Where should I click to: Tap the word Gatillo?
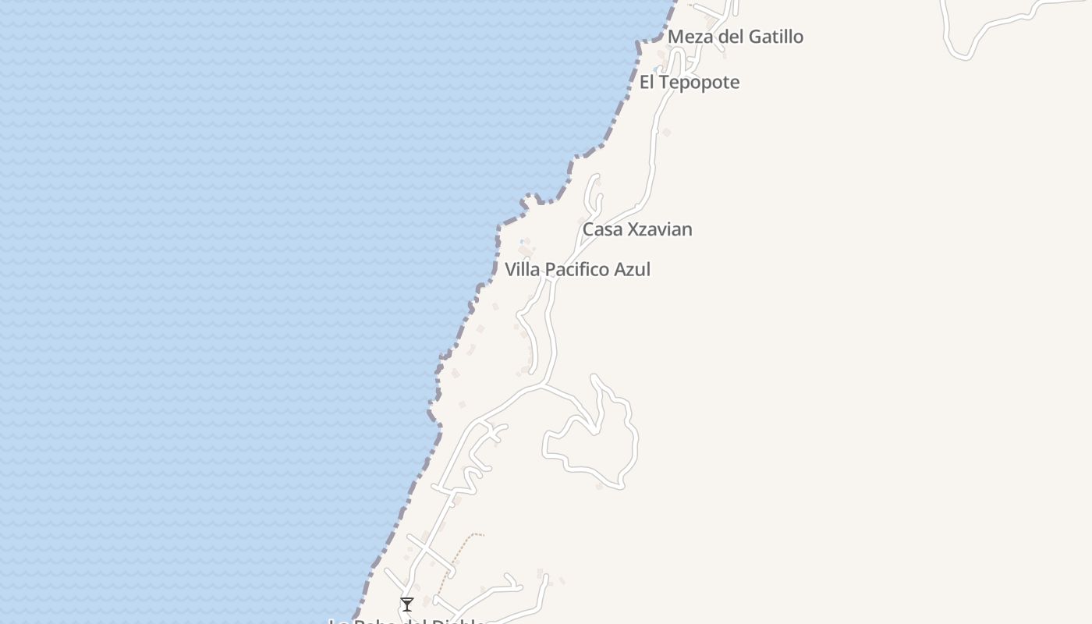pyautogui.click(x=775, y=37)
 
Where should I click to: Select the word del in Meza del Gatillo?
pyautogui.click(x=729, y=37)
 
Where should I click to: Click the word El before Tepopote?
pyautogui.click(x=647, y=82)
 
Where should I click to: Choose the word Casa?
pyautogui.click(x=602, y=229)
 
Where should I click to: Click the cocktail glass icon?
pyautogui.click(x=407, y=604)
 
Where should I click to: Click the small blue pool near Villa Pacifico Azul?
pyautogui.click(x=521, y=243)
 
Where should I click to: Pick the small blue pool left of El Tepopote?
pyautogui.click(x=655, y=69)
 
